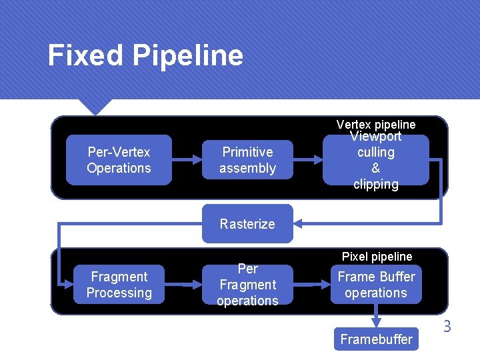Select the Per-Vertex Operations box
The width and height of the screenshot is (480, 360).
point(119,160)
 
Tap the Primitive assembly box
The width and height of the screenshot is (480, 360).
point(247,160)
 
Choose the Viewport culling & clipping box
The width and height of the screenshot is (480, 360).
point(375,160)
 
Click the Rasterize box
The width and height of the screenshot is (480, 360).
point(247,224)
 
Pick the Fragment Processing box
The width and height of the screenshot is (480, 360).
point(119,285)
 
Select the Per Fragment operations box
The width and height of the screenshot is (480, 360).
point(247,285)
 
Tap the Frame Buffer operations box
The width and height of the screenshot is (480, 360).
point(375,285)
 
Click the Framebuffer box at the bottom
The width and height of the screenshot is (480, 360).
point(376,339)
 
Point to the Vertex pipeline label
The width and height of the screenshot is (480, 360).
point(375,125)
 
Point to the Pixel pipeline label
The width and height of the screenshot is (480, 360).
point(377,257)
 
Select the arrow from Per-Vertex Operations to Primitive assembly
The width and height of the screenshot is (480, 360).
point(187,160)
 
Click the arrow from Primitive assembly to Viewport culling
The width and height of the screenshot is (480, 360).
point(308,160)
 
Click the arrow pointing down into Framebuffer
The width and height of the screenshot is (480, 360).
point(376,315)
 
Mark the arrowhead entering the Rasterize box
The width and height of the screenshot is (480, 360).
point(299,224)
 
